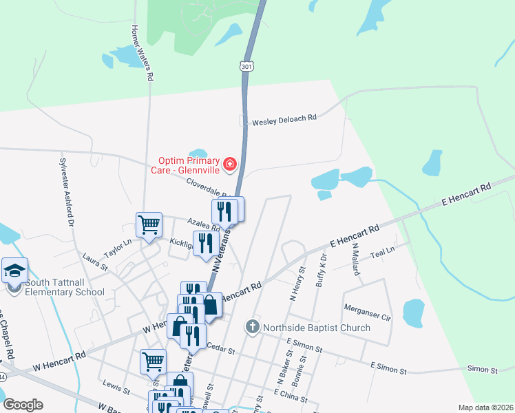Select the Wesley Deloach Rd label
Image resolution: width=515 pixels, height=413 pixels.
(284, 118)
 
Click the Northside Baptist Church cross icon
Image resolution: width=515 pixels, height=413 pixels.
(253, 326)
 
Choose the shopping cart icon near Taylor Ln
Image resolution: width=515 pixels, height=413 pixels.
(149, 224)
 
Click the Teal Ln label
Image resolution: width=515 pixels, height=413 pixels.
(381, 253)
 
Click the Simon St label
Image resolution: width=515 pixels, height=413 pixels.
(483, 370)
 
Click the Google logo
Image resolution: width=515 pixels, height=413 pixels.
(23, 405)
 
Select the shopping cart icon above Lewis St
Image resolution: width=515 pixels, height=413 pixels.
(152, 360)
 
